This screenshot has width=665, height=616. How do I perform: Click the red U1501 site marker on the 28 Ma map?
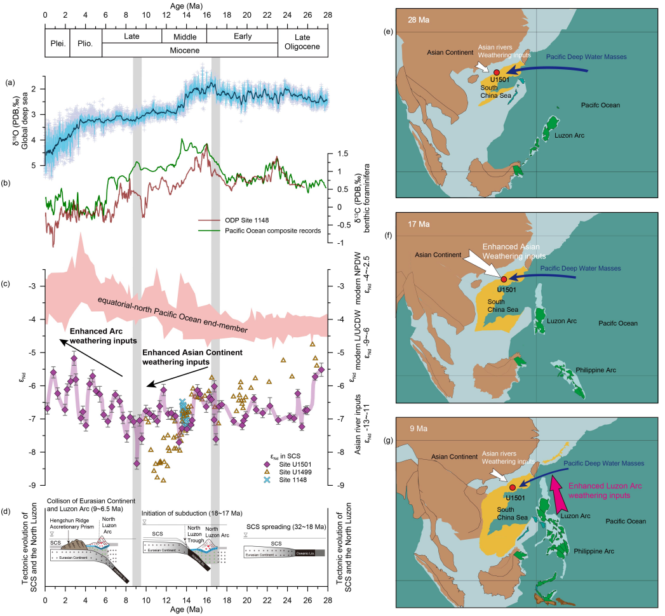[x=495, y=73]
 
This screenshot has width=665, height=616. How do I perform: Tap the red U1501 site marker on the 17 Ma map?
[x=504, y=279]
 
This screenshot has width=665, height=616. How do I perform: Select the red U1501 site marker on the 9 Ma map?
[x=513, y=487]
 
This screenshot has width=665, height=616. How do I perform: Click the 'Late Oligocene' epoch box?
[x=303, y=44]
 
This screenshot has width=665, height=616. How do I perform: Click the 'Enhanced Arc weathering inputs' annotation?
[x=104, y=336]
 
